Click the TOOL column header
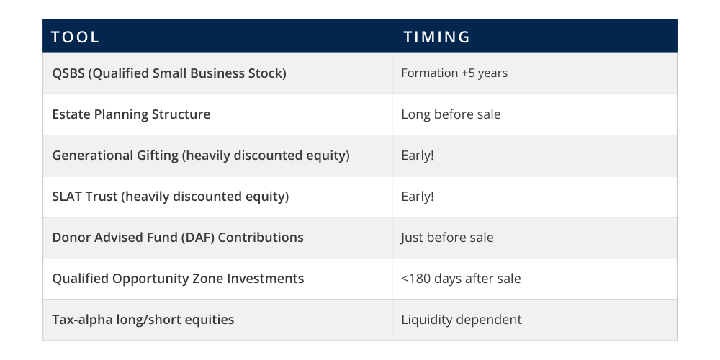tap(75, 37)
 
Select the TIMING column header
tap(437, 37)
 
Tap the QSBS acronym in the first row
tap(68, 73)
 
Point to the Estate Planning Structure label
tap(131, 114)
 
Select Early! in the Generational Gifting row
tap(418, 156)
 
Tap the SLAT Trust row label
tap(85, 197)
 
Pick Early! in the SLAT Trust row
tap(418, 197)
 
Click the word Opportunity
tap(161, 279)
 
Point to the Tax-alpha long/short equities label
tap(143, 320)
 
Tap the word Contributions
tap(261, 238)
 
